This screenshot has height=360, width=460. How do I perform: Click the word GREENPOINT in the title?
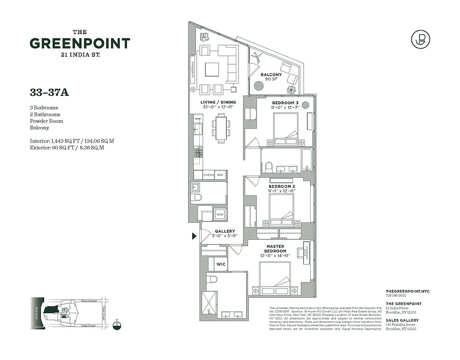(80, 44)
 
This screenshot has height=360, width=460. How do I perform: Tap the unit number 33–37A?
(49, 92)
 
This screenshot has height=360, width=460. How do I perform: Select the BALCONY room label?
(271, 75)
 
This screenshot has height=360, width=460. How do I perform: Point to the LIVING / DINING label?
(218, 102)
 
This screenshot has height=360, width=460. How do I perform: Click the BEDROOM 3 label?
(285, 103)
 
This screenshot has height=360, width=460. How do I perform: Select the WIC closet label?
(221, 264)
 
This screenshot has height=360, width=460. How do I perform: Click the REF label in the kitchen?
(220, 175)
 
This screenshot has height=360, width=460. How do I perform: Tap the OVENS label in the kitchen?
(208, 175)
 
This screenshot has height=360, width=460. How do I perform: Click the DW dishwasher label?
(198, 118)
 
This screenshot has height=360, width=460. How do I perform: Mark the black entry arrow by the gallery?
(194, 236)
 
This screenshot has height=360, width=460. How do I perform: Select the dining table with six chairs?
(221, 128)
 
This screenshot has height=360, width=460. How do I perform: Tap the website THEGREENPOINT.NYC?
(408, 292)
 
